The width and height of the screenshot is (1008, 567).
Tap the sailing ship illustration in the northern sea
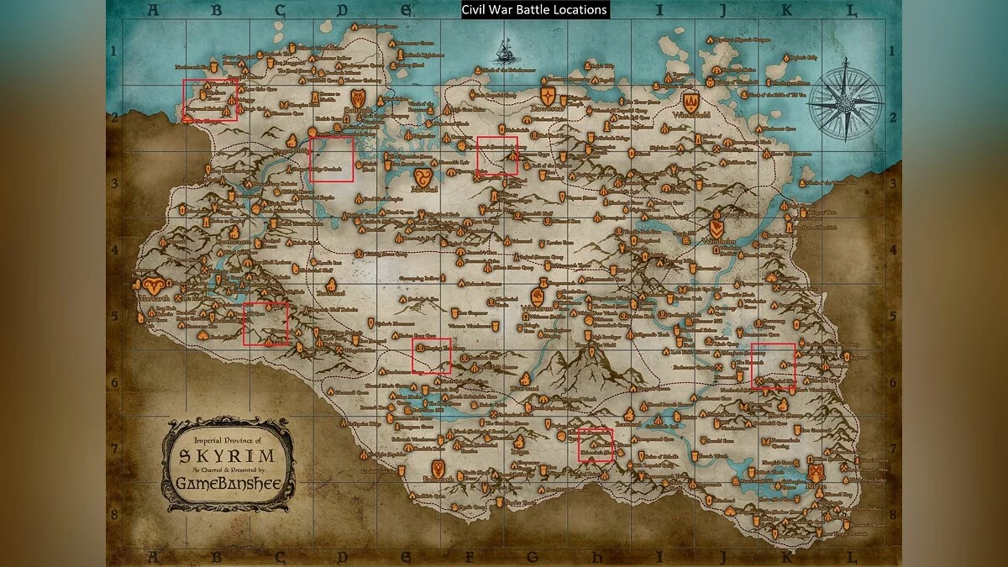point(505,52)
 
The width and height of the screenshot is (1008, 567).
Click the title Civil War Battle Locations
point(534,10)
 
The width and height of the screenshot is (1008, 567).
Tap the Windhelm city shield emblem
point(716,228)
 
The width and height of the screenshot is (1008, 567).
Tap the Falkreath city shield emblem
point(438,468)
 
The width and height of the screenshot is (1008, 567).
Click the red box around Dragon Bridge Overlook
point(331,160)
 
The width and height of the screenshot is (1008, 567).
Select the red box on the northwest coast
point(210,100)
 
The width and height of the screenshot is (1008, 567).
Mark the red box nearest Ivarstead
point(596,444)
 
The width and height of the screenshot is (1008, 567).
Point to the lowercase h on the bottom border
point(596,556)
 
